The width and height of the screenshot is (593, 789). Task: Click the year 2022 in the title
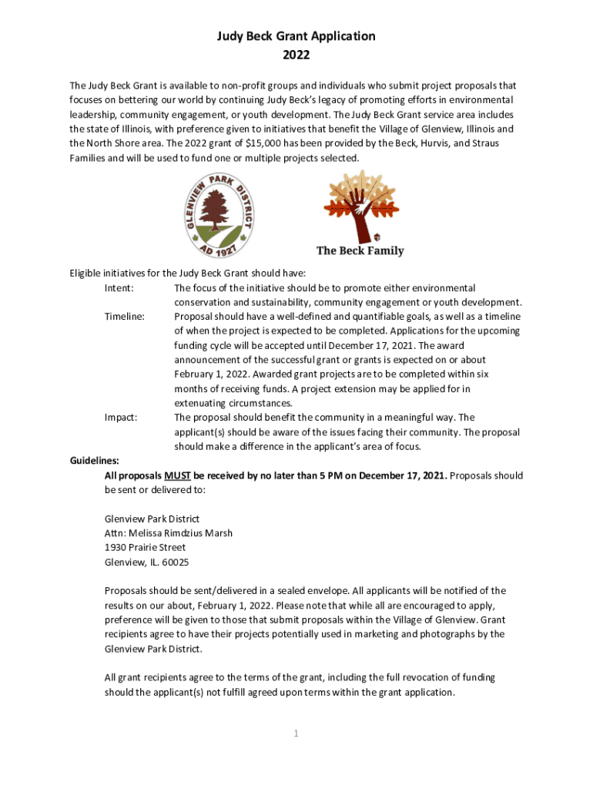pos(296,55)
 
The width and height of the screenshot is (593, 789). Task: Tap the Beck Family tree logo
pos(360,206)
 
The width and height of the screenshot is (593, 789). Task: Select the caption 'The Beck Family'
pos(360,250)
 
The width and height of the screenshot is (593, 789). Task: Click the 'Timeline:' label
pos(125,317)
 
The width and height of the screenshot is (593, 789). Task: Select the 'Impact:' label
pos(121,418)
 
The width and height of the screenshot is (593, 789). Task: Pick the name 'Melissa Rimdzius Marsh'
pos(181,533)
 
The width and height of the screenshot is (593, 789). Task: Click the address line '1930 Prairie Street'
pos(145,548)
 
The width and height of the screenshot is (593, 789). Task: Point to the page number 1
pos(296,734)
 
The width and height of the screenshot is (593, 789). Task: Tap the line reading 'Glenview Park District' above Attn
pos(152,519)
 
